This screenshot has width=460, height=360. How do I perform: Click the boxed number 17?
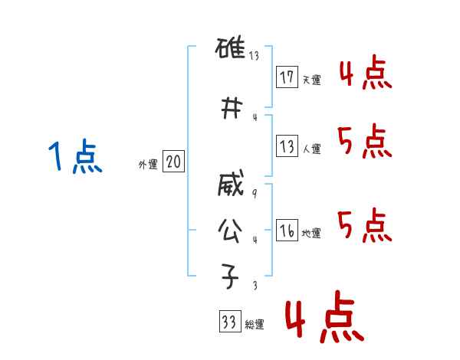pos(287,77)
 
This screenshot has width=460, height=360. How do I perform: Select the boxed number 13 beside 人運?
pos(287,146)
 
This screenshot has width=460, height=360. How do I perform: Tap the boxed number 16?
pos(287,231)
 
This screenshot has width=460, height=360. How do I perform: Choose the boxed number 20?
pos(173,162)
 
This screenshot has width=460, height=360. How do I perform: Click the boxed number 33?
pos(228,322)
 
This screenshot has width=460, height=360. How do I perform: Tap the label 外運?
pos(147,165)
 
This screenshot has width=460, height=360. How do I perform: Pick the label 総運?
pos(255,325)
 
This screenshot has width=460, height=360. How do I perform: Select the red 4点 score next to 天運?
pos(366,75)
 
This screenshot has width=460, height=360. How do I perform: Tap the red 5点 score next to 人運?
pos(366,142)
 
